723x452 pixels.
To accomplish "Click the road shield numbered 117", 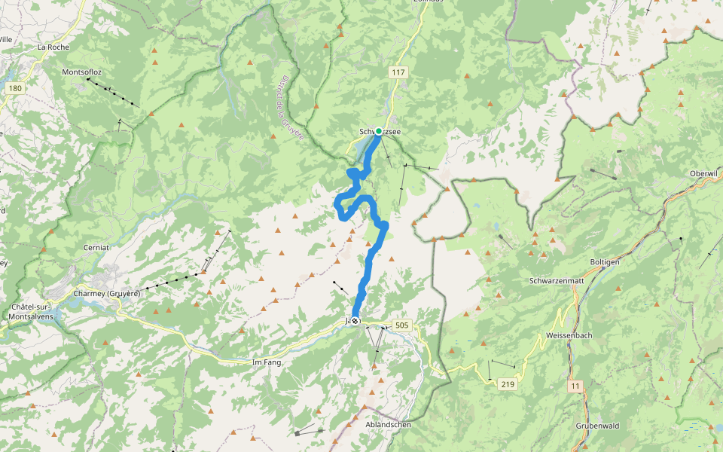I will tap(398, 73).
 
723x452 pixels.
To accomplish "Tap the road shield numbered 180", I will tap(15, 89).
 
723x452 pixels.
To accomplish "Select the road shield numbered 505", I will tap(401, 325).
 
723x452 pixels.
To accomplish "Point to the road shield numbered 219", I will tap(508, 384).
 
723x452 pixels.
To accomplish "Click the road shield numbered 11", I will tap(576, 386).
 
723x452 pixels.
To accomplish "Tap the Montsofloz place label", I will tap(83, 72).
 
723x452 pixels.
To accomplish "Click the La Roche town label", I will tap(53, 47).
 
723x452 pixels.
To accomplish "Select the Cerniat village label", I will tap(96, 247).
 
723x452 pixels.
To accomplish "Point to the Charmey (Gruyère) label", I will tap(108, 293).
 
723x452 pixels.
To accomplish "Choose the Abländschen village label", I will tap(388, 424).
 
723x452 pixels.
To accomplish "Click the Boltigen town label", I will tap(605, 262).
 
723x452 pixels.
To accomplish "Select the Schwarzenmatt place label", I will tap(557, 280).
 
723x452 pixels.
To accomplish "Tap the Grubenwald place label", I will tap(597, 426).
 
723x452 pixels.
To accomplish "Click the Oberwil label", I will tap(706, 174).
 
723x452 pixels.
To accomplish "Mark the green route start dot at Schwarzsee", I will tap(378, 131).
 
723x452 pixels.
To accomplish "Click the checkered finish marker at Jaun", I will tap(355, 321).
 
